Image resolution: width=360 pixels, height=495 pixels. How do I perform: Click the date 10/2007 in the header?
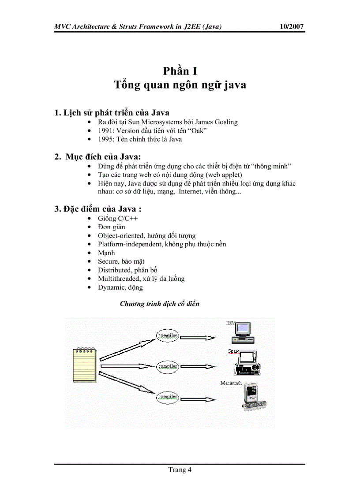point(292,26)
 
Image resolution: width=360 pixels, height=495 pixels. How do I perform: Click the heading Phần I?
point(180,71)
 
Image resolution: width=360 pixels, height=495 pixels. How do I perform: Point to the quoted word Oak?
point(199,131)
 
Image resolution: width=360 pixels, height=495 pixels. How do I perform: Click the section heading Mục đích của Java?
point(103,156)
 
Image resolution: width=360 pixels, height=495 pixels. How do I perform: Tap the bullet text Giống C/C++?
point(115,219)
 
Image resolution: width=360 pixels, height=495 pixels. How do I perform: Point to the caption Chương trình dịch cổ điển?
point(159,304)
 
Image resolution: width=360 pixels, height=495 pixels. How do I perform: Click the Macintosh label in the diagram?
point(231,383)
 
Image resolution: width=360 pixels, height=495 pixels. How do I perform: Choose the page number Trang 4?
point(180,469)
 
